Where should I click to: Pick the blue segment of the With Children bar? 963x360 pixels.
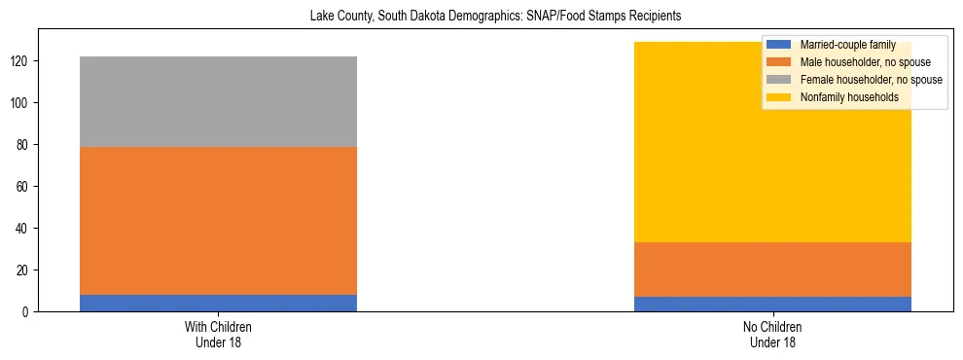click(x=218, y=303)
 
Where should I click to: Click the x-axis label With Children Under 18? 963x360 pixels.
click(x=218, y=334)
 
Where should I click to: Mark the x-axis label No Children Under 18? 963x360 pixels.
click(x=772, y=334)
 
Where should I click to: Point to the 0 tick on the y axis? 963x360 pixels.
click(x=28, y=311)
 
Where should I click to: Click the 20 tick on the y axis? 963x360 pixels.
click(x=25, y=270)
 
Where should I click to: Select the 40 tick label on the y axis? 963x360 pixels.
click(x=25, y=228)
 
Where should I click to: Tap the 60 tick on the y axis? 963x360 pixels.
click(x=25, y=186)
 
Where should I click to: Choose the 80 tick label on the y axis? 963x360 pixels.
click(x=25, y=144)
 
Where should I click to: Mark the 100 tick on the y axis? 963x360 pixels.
click(x=22, y=102)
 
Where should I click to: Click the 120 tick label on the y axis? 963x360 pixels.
click(x=22, y=60)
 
